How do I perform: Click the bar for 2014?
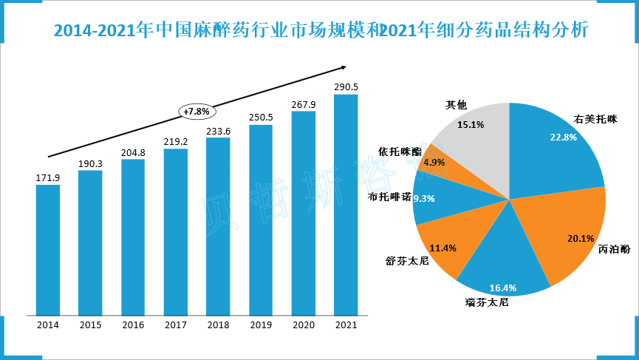click(48, 249)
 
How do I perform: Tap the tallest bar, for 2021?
click(346, 204)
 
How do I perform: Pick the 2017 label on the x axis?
click(175, 325)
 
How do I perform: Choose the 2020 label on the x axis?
click(303, 325)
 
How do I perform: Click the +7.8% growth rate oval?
click(197, 111)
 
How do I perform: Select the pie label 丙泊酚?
click(615, 249)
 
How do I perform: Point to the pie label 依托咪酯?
click(400, 151)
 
